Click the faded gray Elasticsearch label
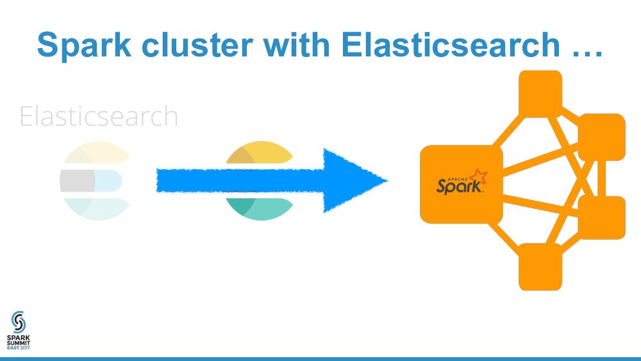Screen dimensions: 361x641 99,117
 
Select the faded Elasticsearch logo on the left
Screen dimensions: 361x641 95,181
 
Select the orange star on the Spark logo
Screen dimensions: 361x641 478,176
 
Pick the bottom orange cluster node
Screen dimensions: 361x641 540,267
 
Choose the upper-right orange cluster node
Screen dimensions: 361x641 601,137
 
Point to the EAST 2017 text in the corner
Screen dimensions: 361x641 18,347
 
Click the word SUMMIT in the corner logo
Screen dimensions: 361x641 18,341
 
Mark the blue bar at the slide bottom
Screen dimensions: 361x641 320,358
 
